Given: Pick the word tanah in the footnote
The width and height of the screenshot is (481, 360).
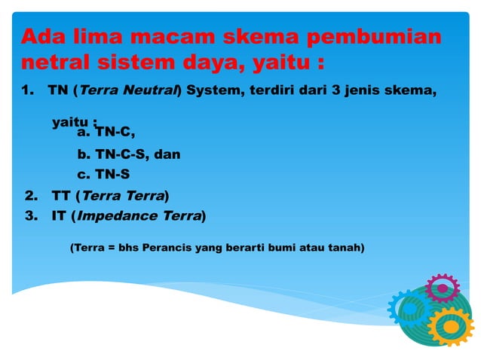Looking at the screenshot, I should click(346, 246).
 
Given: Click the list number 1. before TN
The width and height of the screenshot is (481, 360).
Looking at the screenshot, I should click(29, 91).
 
